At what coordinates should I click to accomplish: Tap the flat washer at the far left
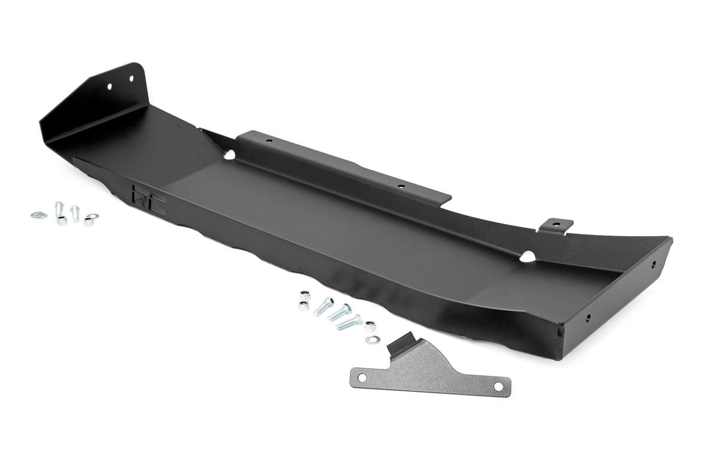(38, 215)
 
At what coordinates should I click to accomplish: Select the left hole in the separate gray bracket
(364, 375)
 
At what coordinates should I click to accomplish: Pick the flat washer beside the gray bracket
(372, 340)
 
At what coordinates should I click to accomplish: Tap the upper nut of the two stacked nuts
(304, 294)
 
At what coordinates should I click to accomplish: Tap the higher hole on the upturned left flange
(132, 75)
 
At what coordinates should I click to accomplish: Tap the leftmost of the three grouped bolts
(323, 307)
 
